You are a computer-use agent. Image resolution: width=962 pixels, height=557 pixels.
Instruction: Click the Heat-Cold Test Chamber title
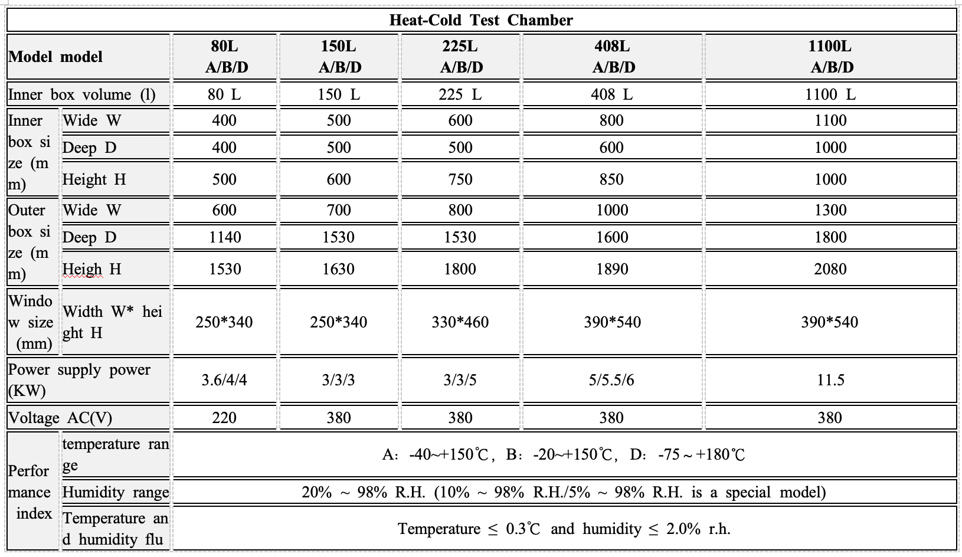tap(481, 20)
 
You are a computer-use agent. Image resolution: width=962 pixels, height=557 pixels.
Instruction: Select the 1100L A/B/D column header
tap(831, 57)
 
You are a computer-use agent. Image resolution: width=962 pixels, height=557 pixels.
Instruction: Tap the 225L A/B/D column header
tap(460, 57)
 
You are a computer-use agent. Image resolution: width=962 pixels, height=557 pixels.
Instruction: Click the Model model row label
tap(55, 57)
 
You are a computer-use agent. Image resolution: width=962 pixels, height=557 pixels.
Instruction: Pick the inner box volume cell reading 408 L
tap(611, 94)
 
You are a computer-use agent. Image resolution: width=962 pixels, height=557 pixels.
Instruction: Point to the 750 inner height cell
tap(460, 179)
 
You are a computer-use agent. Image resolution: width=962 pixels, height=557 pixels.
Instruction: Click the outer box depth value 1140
tap(225, 237)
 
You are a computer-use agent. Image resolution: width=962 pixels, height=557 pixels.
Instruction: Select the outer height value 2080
tap(830, 269)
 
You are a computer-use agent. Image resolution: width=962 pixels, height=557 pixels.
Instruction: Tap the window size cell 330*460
tap(460, 322)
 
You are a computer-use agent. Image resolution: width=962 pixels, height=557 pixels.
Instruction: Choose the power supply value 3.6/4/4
tap(224, 380)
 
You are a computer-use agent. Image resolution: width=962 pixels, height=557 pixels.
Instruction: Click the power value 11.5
tap(830, 380)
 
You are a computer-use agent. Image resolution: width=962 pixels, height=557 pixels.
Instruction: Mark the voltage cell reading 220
tap(224, 418)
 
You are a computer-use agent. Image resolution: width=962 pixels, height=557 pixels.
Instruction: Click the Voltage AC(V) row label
tap(60, 418)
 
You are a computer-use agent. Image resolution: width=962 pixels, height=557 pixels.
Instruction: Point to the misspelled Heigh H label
tap(92, 269)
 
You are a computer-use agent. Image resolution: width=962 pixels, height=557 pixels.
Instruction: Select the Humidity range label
tap(116, 492)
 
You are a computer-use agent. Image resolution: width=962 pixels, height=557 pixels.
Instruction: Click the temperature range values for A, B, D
tap(564, 454)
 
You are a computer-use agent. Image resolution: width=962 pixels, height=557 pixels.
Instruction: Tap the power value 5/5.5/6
tap(611, 380)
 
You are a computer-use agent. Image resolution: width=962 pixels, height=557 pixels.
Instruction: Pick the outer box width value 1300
tap(830, 210)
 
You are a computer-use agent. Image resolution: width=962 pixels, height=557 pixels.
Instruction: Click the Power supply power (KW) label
tap(79, 380)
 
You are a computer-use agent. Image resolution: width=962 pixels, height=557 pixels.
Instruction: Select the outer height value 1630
tap(339, 269)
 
